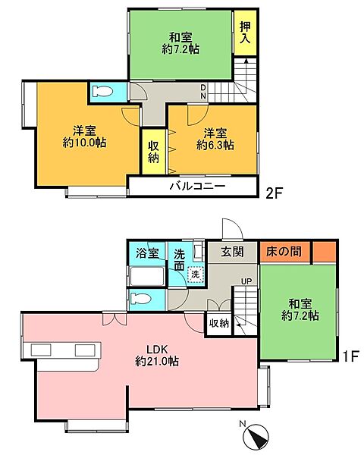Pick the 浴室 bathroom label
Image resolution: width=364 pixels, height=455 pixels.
click(147, 253)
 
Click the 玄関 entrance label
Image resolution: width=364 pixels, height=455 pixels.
click(231, 252)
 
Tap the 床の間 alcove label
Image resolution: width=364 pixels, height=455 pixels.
click(284, 252)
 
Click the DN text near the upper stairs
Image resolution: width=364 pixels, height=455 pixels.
click(204, 92)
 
